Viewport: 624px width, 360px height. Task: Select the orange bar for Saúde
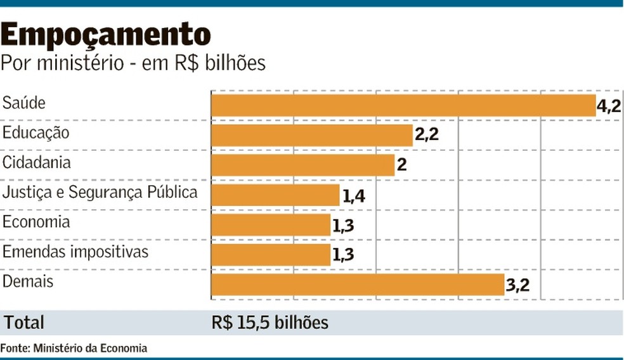(x=403, y=105)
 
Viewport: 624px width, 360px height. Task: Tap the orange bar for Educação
(x=311, y=135)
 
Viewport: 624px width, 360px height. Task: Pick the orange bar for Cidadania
(x=302, y=165)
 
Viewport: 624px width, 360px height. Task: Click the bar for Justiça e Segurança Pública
(x=275, y=195)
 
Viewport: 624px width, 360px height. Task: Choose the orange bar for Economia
(x=271, y=224)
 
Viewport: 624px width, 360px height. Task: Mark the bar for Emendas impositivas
(x=271, y=254)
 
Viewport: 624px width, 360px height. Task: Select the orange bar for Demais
(x=358, y=285)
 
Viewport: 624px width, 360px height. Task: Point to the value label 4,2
(x=609, y=106)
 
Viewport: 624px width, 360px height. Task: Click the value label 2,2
(x=426, y=135)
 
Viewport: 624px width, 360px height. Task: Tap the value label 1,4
(x=353, y=195)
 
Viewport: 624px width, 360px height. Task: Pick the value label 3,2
(x=517, y=285)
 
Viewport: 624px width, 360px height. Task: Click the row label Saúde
(x=24, y=103)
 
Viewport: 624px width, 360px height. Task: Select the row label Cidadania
(x=37, y=162)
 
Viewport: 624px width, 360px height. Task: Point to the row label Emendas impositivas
(x=75, y=252)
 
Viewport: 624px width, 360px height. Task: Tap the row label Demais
(x=28, y=281)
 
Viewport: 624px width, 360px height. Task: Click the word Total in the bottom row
(x=25, y=323)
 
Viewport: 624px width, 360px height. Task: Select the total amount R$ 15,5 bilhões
(x=270, y=323)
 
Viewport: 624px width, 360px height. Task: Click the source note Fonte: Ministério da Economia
(x=74, y=348)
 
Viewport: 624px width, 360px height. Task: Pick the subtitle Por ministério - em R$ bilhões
(x=133, y=63)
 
